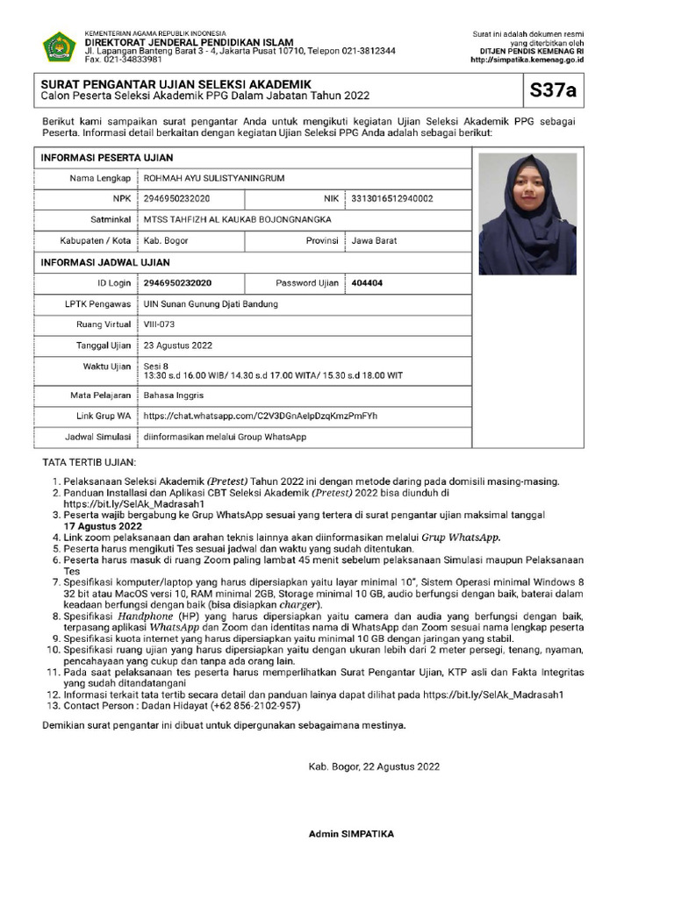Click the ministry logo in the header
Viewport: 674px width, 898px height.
click(59, 47)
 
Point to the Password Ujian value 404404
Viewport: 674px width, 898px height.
click(367, 283)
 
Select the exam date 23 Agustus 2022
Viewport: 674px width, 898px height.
click(178, 346)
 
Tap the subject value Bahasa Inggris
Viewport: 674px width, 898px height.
click(174, 396)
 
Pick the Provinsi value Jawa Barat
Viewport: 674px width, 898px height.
click(374, 240)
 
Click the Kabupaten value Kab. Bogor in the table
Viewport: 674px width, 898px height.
click(164, 240)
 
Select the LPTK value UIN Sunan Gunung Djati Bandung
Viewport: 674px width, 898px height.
click(211, 304)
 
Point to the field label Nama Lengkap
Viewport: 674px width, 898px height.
click(100, 179)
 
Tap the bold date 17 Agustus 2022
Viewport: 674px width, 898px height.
click(104, 526)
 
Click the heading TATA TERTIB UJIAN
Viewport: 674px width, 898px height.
click(90, 462)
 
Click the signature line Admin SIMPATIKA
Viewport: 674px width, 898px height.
click(351, 834)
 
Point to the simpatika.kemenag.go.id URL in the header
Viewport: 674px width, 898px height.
click(527, 61)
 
